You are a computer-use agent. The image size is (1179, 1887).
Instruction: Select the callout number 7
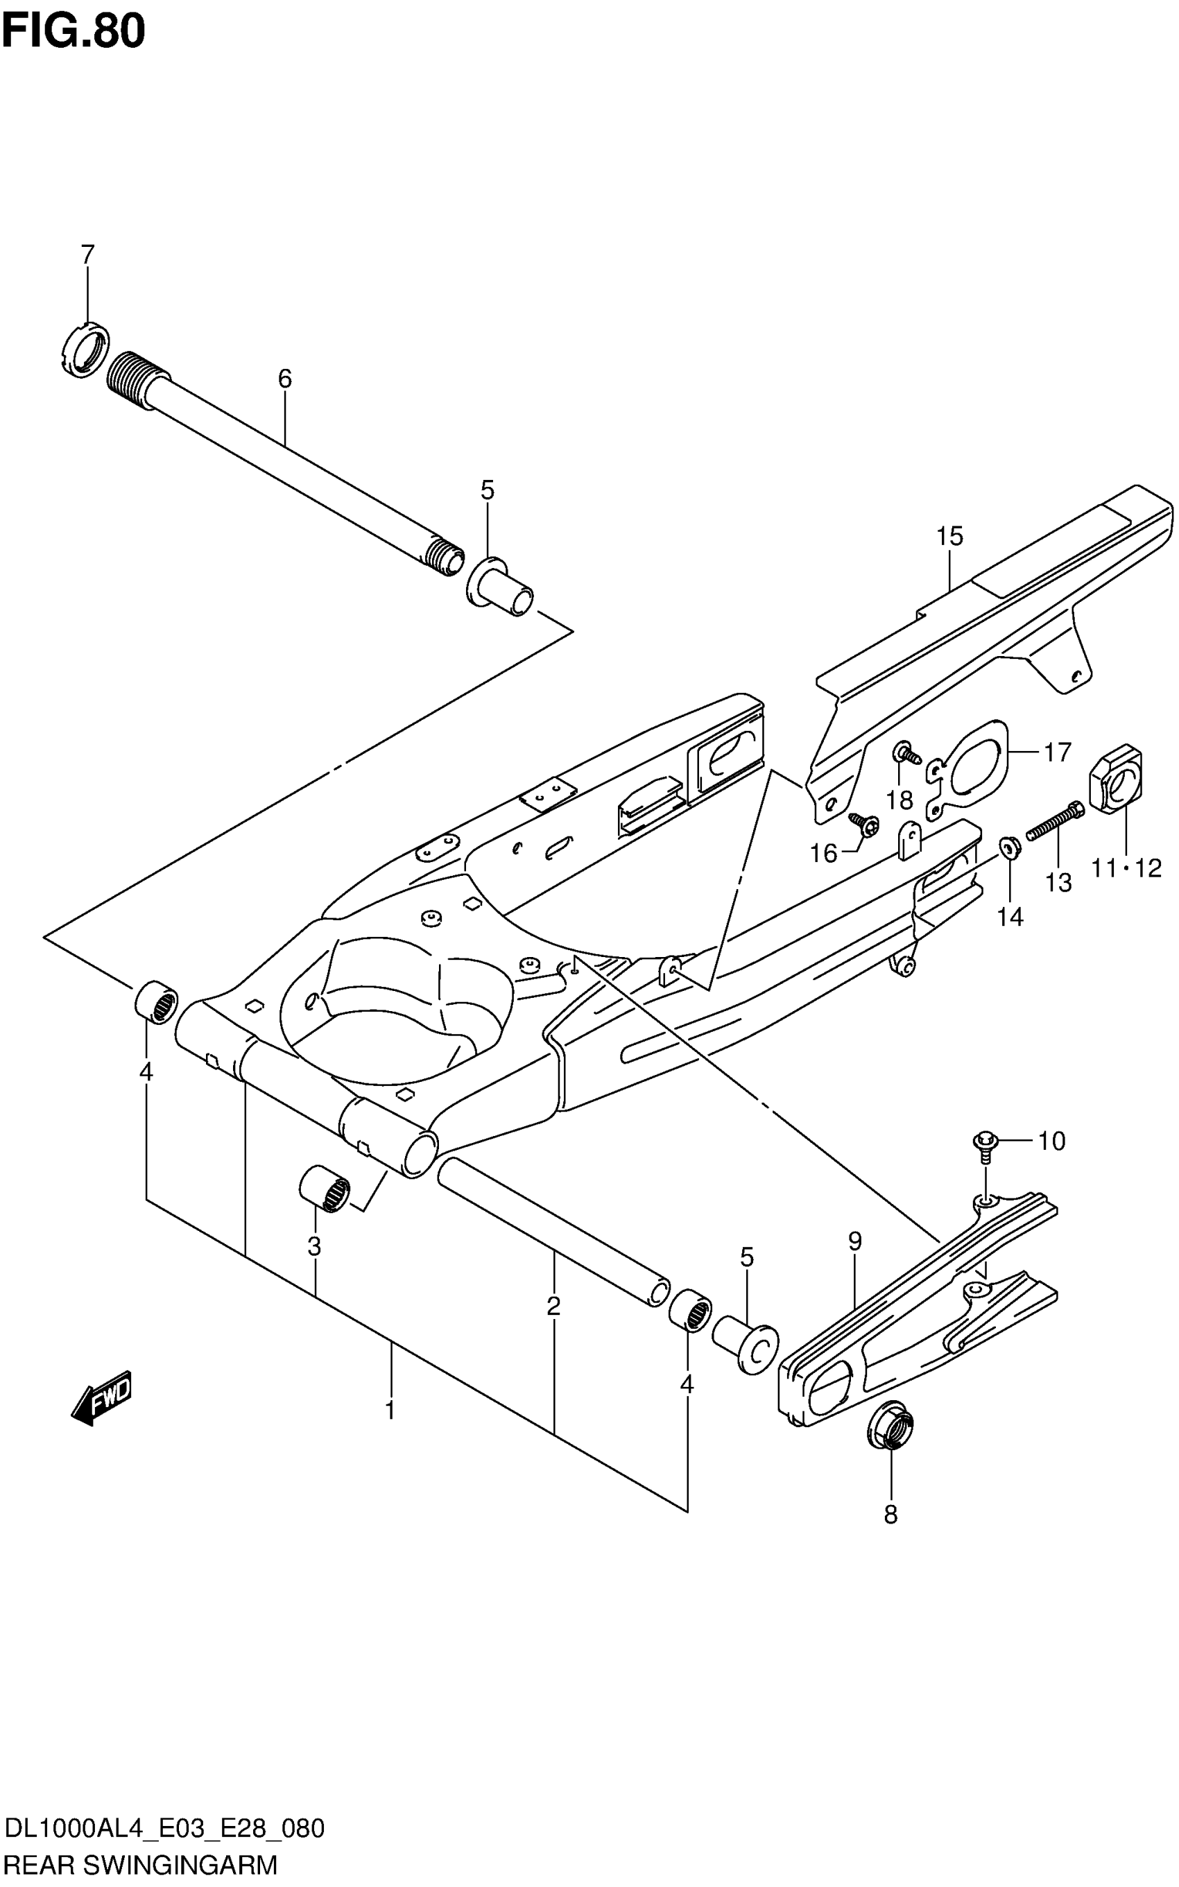87,255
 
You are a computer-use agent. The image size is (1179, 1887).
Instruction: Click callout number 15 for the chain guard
949,537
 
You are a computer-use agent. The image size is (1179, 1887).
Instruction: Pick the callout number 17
1058,752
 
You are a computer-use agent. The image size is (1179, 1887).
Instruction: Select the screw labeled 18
905,752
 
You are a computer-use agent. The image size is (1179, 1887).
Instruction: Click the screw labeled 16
863,822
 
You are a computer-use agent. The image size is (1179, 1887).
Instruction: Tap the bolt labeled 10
985,1144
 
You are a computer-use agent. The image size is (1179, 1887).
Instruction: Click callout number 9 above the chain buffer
854,1241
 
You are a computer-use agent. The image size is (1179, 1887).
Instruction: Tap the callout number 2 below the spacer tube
553,1305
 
